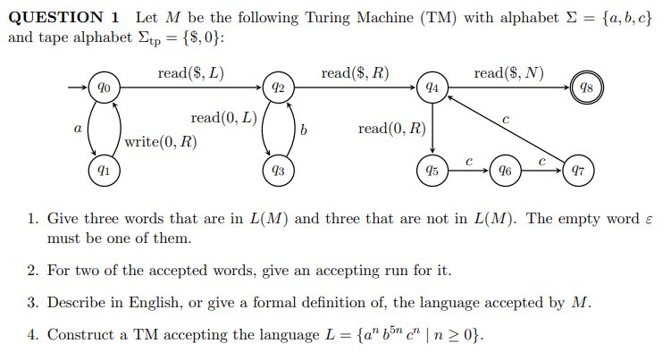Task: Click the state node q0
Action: pos(105,88)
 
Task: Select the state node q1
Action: pos(105,168)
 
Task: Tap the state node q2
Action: pos(278,88)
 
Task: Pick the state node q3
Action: pos(278,168)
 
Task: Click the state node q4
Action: pos(432,88)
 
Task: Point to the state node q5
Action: pos(432,168)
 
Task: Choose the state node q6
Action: pos(506,168)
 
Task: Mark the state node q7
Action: pos(578,168)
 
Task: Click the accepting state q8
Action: pos(586,88)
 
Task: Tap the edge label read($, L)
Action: pos(190,72)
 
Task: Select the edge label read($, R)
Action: pos(355,72)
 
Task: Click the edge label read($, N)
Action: pos(509,72)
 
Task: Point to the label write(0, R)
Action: pos(162,141)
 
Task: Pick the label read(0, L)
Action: pos(223,118)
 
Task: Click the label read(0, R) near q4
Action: pos(391,129)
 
